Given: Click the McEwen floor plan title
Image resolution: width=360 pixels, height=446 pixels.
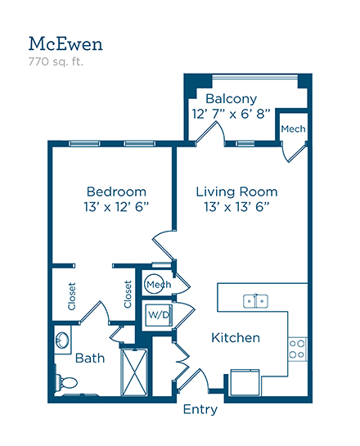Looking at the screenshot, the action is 65,44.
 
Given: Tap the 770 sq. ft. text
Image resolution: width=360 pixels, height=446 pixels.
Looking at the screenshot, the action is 56,61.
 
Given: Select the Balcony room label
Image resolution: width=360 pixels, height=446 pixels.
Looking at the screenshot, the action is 232,99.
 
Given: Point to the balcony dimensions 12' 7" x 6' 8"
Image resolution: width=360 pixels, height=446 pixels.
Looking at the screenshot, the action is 231,114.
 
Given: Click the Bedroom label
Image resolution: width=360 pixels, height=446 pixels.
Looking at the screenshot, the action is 116,191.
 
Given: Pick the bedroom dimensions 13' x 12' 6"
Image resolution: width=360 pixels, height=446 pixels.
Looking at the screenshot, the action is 116,207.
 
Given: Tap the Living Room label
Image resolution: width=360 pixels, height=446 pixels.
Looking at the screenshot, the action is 236,191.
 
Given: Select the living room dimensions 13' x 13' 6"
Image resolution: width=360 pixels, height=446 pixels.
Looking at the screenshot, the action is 236,207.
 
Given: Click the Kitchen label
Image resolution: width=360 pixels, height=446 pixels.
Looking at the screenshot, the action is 236,338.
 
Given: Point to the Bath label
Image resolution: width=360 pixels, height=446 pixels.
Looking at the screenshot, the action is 90,358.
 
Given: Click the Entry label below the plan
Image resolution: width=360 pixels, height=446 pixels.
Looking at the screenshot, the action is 200,410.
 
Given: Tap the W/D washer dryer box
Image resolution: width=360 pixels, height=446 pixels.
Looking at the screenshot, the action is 159,315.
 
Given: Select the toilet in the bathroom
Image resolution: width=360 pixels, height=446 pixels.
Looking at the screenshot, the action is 65,382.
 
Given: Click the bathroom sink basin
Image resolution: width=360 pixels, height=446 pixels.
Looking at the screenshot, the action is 62,340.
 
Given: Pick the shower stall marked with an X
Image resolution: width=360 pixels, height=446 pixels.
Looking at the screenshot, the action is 134,372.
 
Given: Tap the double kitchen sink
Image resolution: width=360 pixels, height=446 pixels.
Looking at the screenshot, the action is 255,301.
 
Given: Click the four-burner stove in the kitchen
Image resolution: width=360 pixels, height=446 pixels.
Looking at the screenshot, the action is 297,349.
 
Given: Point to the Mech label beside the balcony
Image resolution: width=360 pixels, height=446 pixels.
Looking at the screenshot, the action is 293,129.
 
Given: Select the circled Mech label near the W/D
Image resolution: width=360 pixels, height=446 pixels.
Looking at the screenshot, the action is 159,285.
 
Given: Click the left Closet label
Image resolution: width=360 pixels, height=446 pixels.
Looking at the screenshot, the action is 72,296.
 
